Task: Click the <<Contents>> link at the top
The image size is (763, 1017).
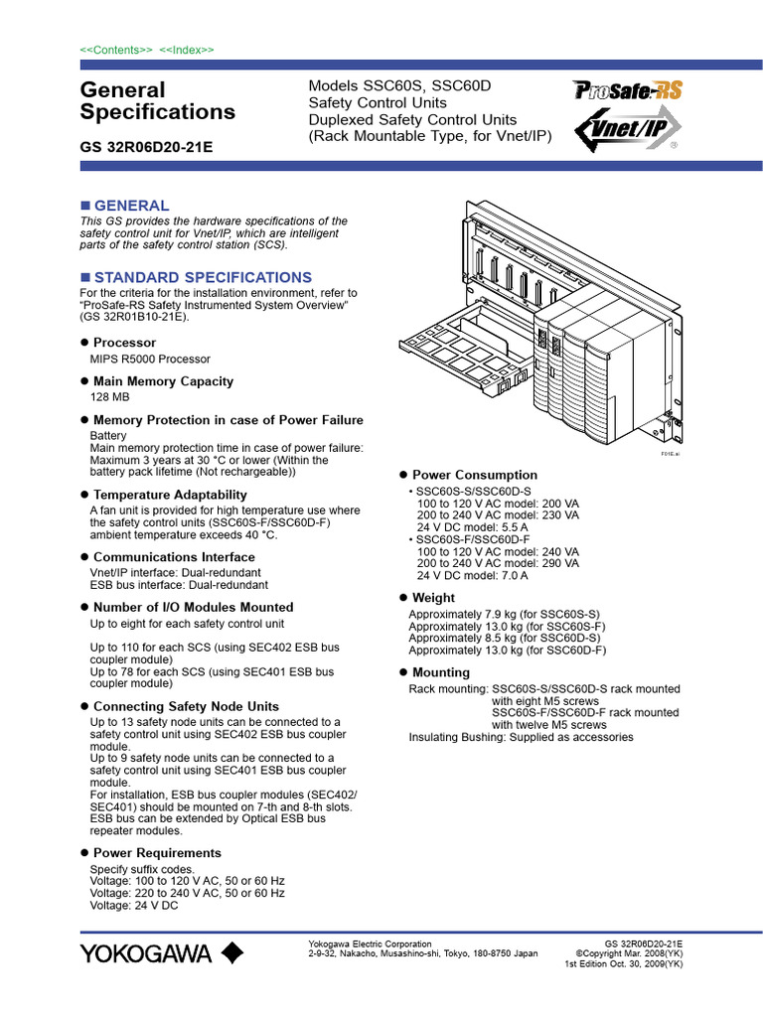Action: tap(116, 50)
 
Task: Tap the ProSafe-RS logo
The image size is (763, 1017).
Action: tap(628, 91)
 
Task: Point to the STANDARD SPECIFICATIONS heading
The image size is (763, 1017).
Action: tap(202, 277)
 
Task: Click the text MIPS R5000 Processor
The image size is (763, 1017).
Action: tap(150, 359)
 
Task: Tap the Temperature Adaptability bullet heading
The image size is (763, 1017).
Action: tap(170, 495)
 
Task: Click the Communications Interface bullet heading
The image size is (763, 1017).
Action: tap(174, 557)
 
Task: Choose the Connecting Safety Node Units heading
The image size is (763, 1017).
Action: tap(186, 706)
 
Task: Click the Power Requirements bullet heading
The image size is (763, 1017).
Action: tap(157, 853)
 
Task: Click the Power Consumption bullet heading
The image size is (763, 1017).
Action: tap(474, 476)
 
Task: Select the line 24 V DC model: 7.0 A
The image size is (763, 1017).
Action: tap(472, 575)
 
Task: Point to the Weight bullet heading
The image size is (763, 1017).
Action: tap(433, 598)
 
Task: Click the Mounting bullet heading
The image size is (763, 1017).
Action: tap(440, 672)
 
